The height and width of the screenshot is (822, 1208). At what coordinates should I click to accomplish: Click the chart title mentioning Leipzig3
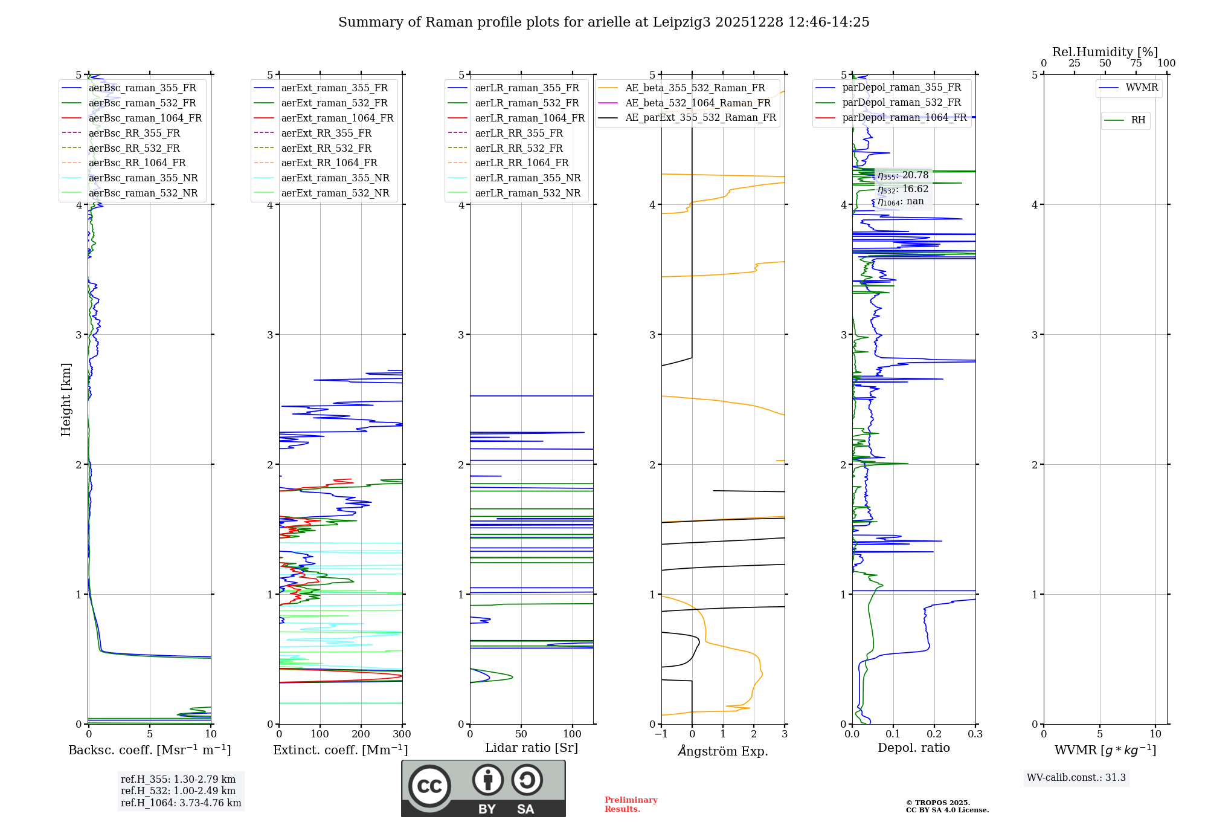click(x=603, y=22)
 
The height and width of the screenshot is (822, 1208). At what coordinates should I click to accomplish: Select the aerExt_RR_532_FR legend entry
click(x=326, y=148)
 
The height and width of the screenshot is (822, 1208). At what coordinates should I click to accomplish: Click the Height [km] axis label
click(x=66, y=400)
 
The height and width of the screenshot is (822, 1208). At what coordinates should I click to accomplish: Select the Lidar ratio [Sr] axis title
click(x=532, y=748)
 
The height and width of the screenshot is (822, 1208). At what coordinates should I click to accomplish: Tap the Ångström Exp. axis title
click(x=723, y=751)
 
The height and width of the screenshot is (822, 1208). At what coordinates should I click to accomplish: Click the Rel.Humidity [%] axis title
click(x=1105, y=52)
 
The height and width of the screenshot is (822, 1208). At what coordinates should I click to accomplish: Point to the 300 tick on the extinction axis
click(x=402, y=734)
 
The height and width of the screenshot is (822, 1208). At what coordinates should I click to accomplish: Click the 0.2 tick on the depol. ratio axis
click(x=934, y=734)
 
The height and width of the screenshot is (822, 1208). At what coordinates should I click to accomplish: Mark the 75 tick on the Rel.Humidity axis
click(x=1136, y=63)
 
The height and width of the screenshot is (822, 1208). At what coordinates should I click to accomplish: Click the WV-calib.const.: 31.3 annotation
click(x=1076, y=778)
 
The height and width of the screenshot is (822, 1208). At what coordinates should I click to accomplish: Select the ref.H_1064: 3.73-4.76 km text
click(x=181, y=803)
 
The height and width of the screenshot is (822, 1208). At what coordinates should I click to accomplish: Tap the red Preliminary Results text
click(x=631, y=804)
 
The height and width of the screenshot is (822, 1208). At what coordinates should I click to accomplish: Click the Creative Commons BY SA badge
click(x=483, y=789)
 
